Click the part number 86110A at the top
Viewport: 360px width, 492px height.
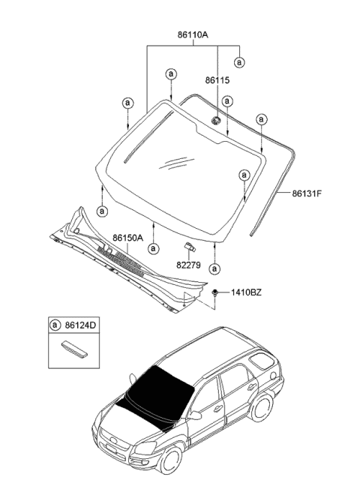pyautogui.click(x=193, y=34)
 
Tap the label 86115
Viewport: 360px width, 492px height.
pyautogui.click(x=217, y=80)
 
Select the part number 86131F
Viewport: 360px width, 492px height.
pyautogui.click(x=307, y=193)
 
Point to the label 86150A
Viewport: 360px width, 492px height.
pyautogui.click(x=127, y=238)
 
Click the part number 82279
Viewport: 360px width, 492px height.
pyautogui.click(x=188, y=265)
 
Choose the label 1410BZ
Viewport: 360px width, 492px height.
pyautogui.click(x=246, y=292)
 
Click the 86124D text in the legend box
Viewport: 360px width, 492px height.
pyautogui.click(x=80, y=325)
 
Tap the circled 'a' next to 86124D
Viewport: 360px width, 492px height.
pyautogui.click(x=55, y=325)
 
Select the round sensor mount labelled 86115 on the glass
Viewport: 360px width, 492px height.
pyautogui.click(x=215, y=120)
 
